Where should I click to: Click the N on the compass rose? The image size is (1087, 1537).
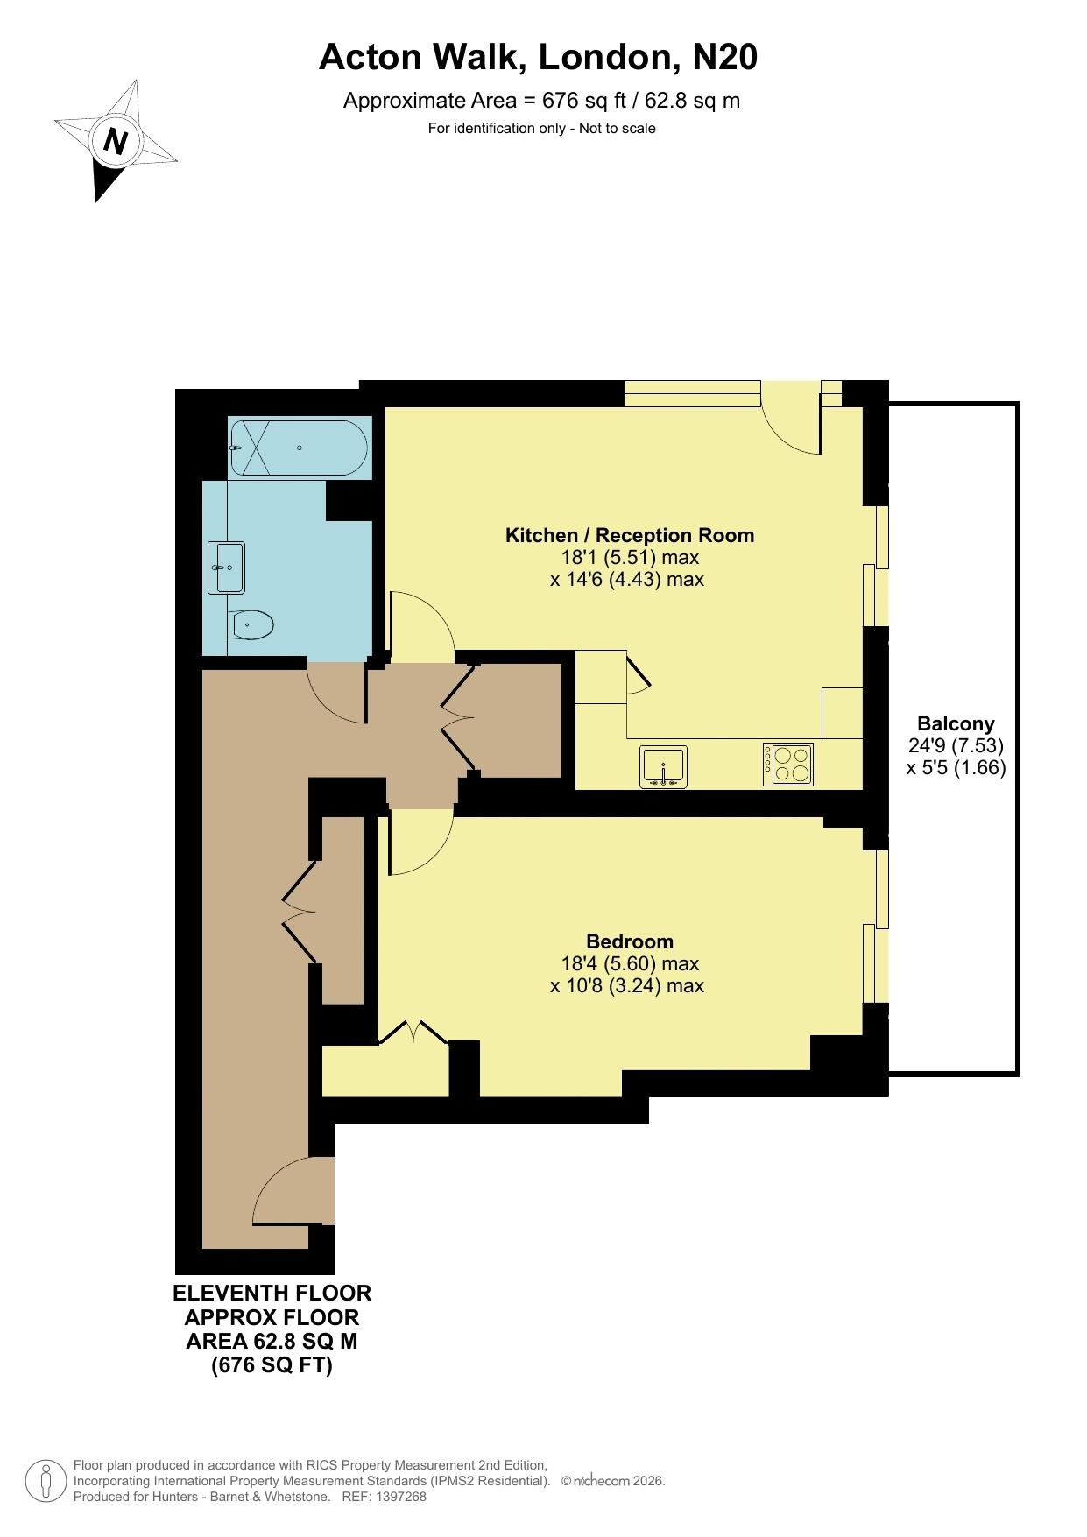click(x=116, y=141)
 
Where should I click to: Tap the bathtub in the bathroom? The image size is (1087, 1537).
click(x=298, y=448)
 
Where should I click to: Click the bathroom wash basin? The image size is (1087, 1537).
click(x=227, y=568)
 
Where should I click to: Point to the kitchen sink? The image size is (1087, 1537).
click(x=664, y=766)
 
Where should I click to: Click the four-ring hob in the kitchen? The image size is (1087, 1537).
click(x=788, y=764)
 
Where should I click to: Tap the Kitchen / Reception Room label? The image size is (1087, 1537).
click(x=630, y=535)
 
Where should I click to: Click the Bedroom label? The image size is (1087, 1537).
click(x=630, y=941)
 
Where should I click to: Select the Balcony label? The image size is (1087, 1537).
click(x=956, y=723)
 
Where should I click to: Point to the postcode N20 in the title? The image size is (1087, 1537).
click(x=724, y=58)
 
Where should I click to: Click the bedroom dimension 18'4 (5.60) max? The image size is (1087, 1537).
click(x=630, y=963)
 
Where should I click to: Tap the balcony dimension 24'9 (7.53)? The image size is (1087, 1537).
click(x=956, y=745)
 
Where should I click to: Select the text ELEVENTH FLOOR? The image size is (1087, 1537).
click(x=272, y=1293)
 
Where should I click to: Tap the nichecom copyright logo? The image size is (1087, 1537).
click(x=602, y=1481)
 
